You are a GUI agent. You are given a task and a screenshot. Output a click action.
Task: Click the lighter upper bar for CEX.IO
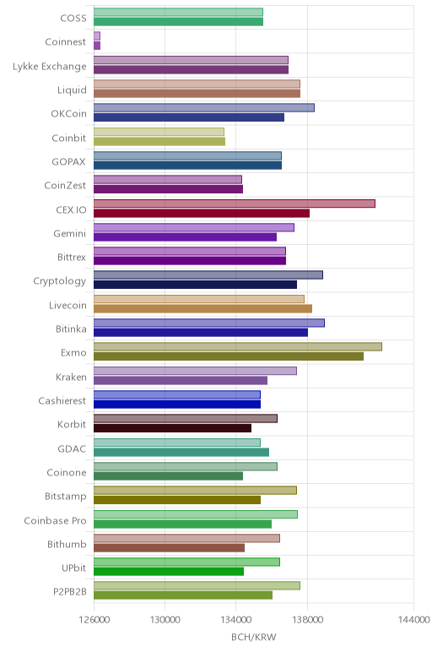[235, 204]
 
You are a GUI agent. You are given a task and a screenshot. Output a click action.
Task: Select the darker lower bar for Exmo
[229, 356]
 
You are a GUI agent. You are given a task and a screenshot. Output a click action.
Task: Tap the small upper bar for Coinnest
[97, 35]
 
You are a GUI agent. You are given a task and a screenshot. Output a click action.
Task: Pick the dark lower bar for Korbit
[172, 428]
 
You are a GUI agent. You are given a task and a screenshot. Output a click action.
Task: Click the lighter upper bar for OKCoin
[204, 108]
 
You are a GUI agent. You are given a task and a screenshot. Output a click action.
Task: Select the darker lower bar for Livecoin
[202, 308]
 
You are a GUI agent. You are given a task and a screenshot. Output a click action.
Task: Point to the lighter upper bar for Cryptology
[208, 274]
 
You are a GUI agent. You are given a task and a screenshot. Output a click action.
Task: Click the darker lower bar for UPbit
[169, 571]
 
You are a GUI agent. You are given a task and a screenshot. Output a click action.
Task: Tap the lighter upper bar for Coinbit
[159, 132]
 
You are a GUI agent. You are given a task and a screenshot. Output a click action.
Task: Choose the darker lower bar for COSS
[178, 22]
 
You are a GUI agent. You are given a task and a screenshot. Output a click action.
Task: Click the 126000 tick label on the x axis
[94, 620]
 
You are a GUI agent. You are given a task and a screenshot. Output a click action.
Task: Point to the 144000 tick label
[413, 620]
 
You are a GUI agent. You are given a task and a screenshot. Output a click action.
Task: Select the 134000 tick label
[236, 620]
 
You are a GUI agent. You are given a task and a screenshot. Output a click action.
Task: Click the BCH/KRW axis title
[253, 637]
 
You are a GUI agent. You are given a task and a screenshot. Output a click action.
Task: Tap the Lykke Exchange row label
[50, 67]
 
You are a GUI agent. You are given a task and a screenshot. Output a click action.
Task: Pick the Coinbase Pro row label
[55, 520]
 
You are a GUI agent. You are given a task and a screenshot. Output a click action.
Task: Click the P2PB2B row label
[70, 591]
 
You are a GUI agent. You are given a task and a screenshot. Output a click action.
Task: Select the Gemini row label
[70, 233]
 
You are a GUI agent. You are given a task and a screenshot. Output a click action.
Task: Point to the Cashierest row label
[62, 400]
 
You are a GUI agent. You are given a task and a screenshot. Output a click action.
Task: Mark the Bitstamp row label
[66, 496]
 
